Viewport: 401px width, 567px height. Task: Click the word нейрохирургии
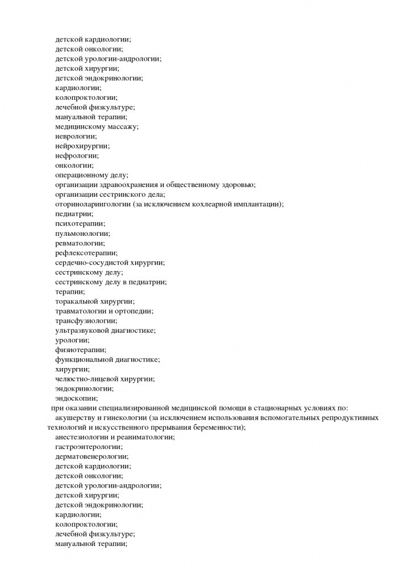81,146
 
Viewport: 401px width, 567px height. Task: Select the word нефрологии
77,155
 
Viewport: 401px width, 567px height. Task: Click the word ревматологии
80,243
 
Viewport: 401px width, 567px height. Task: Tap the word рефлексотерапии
86,253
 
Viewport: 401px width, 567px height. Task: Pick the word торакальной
77,302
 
